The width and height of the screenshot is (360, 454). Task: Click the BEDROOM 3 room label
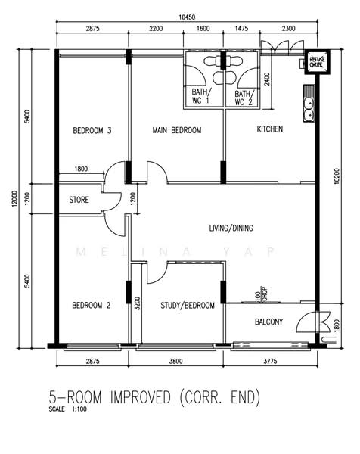tap(92, 131)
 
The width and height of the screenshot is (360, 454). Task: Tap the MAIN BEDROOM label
tap(177, 131)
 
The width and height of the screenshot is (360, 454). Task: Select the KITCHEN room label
tap(269, 129)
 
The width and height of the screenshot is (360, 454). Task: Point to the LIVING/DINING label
tap(236, 227)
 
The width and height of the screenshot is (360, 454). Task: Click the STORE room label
tap(79, 201)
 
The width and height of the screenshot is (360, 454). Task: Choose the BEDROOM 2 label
tap(91, 306)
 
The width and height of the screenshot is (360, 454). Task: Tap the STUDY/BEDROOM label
tap(188, 306)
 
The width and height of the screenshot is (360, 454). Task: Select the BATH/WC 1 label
tap(202, 97)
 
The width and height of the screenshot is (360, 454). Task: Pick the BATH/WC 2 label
tap(242, 97)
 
